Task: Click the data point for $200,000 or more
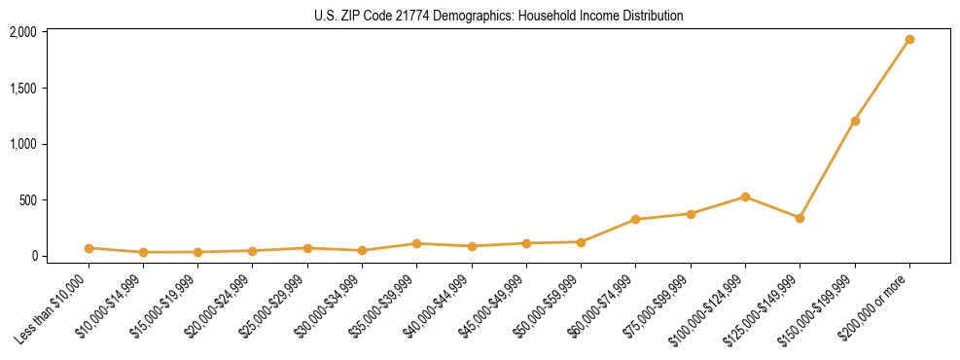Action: (x=909, y=40)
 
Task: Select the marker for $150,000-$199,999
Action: (x=855, y=121)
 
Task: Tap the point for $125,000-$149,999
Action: (x=800, y=218)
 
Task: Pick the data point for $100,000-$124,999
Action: (x=745, y=197)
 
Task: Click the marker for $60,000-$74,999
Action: (x=635, y=220)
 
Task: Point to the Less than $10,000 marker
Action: (x=89, y=248)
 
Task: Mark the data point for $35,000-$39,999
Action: (x=416, y=243)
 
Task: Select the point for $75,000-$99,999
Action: (x=691, y=214)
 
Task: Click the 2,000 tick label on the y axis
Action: (x=23, y=32)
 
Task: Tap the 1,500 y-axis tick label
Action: (x=23, y=89)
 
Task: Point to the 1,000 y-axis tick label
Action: (x=23, y=144)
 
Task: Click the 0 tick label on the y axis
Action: (x=33, y=256)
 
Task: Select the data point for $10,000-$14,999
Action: (x=143, y=252)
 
